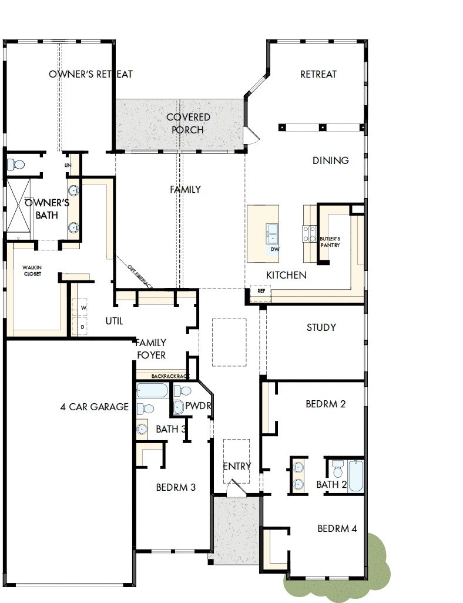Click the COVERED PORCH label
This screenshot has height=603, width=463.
coord(188,123)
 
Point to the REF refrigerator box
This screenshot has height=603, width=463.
coord(261,291)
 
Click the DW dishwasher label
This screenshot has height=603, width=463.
coord(274,249)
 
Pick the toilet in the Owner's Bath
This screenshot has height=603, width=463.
coord(16,164)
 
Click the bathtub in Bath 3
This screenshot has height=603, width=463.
coord(152,391)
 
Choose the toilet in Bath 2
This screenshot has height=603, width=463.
coord(337,468)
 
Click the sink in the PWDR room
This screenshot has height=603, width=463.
coord(178,406)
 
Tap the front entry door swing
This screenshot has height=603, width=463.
coord(237,488)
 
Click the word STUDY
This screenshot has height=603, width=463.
coord(321,327)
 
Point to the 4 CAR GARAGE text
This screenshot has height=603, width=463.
coord(94,407)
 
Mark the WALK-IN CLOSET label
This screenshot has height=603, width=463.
coord(32,270)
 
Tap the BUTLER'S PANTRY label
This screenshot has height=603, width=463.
coord(330,242)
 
